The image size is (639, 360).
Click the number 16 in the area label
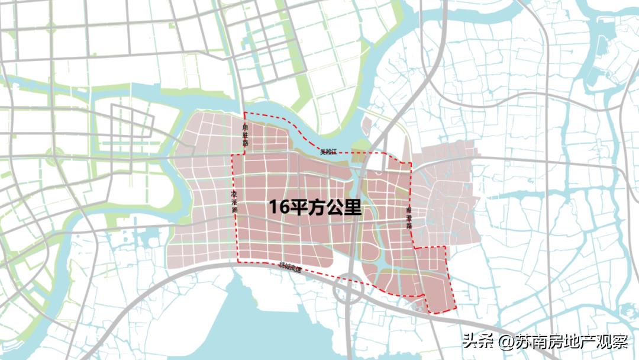coord(279,207)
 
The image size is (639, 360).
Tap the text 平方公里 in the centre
coord(325,207)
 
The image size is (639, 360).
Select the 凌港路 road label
coord(235,202)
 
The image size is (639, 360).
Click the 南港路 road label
coord(408,218)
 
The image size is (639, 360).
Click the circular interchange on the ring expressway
coord(348,291)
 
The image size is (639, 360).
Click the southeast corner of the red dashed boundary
coord(456,308)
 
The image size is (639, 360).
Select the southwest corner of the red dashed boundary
coord(238,261)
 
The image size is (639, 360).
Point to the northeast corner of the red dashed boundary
coord(411,163)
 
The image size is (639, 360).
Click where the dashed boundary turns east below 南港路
coord(413,247)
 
